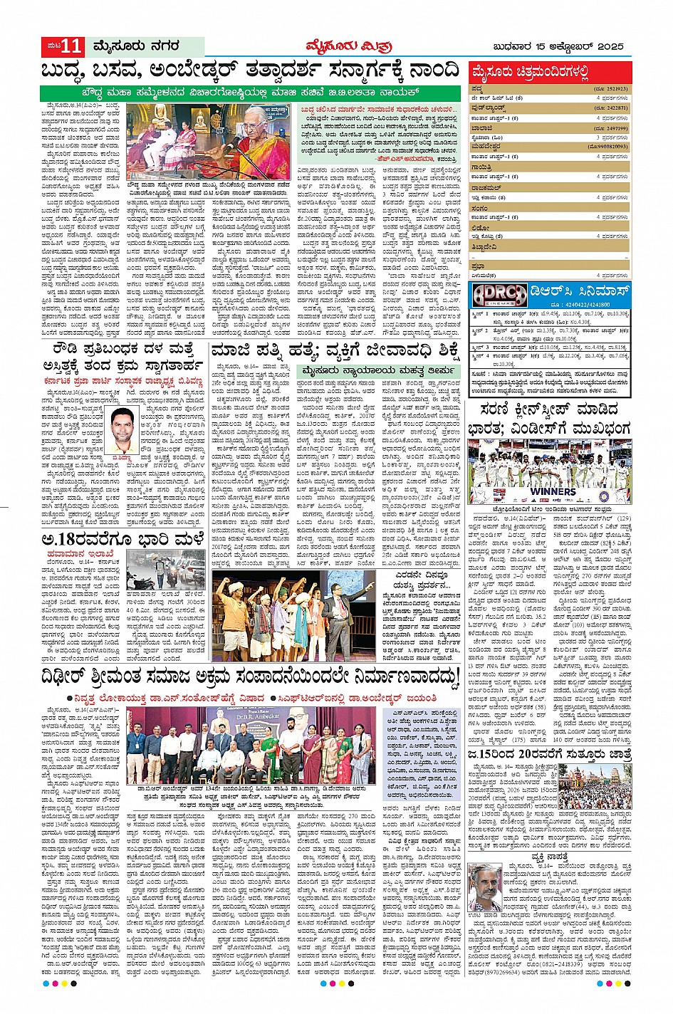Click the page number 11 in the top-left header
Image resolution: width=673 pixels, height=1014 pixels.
point(71,47)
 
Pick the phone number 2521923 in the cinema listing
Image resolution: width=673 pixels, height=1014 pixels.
point(611,89)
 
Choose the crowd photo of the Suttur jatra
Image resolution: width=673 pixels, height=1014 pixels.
point(595,786)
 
